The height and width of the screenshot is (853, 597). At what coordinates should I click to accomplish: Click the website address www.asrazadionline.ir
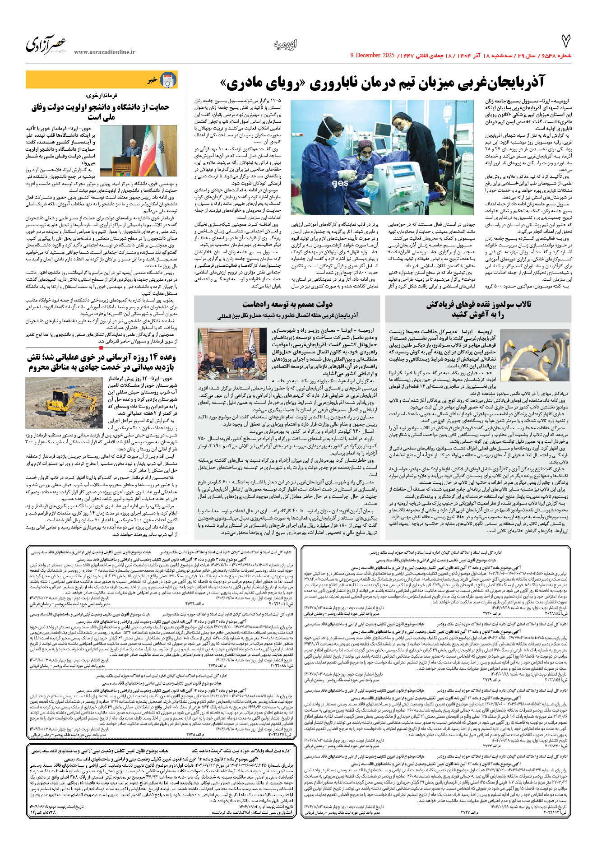tap(104, 52)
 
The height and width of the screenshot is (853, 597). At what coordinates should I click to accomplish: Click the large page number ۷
tap(565, 41)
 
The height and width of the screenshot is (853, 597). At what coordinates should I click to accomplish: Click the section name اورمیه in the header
tap(285, 44)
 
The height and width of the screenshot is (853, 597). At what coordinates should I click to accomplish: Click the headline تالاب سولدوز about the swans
tap(479, 309)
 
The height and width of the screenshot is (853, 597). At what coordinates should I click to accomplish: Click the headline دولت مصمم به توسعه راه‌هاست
tap(287, 304)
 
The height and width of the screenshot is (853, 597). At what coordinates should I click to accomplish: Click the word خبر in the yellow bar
tap(153, 80)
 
